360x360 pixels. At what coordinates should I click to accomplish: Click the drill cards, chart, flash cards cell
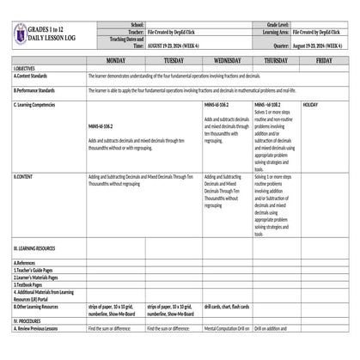point(227,306)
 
